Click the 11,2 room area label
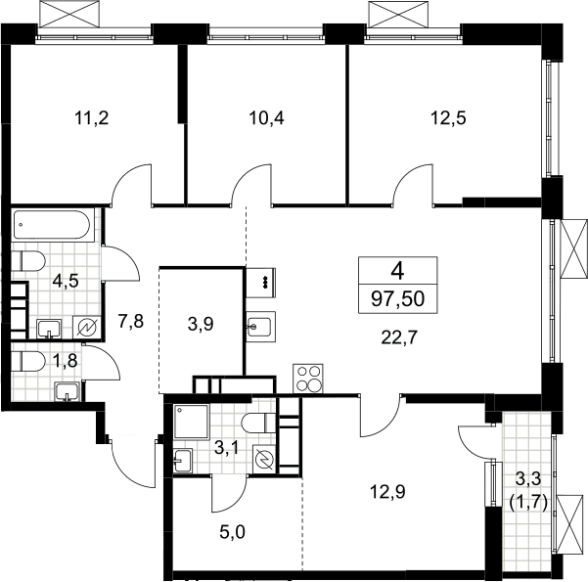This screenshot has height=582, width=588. click(92, 118)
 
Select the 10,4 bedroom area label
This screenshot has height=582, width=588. click(267, 118)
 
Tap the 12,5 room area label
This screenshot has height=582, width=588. click(448, 118)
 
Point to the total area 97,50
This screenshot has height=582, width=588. click(398, 299)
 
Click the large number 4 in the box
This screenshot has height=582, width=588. click(397, 271)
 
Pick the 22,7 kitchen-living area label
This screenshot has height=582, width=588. click(399, 338)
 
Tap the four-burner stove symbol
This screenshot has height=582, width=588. click(308, 378)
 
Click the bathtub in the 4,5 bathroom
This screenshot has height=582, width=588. click(52, 225)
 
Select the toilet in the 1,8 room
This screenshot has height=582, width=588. click(28, 361)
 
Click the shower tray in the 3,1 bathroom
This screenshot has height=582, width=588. click(191, 422)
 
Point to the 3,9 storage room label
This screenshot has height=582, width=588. click(201, 324)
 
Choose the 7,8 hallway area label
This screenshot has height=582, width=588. click(131, 322)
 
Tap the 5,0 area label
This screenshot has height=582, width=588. click(233, 532)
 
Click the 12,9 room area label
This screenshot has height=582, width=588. click(387, 492)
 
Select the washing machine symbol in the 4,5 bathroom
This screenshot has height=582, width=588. click(87, 328)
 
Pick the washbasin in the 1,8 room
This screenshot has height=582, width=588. click(68, 391)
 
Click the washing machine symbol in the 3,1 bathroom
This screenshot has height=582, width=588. click(265, 458)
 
